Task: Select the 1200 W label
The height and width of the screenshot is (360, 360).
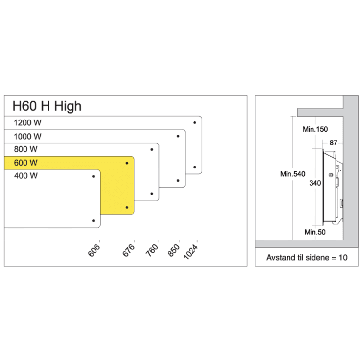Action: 28,123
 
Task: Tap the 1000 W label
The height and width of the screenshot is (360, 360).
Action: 28,136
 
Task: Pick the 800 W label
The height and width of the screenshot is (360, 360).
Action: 26,149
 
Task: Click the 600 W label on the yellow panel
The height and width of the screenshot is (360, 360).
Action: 26,163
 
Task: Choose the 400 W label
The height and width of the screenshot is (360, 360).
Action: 26,176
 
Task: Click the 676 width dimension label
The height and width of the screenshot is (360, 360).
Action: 130,250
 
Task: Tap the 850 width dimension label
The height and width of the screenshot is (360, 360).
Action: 174,250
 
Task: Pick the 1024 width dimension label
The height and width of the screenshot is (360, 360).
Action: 191,252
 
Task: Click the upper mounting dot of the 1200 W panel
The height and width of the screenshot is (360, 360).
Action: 195,122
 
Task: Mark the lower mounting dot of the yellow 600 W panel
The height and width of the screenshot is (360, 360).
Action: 127,208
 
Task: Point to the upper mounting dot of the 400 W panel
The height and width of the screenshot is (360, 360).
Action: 93,176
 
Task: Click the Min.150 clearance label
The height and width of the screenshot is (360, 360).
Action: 314,129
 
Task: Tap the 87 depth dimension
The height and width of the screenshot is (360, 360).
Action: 333,143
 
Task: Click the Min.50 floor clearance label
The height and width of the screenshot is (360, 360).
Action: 314,232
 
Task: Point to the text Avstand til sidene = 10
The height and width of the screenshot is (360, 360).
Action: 306,257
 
